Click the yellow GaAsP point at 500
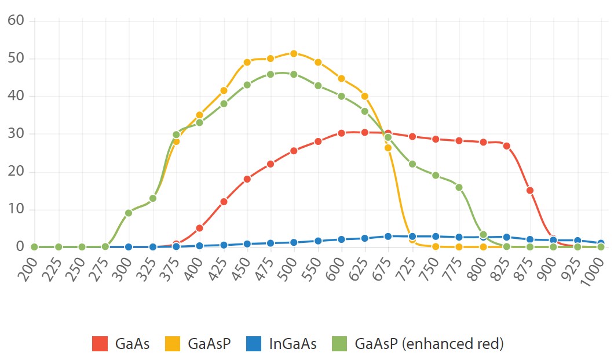click(294, 53)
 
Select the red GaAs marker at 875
click(530, 190)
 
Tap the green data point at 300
click(129, 213)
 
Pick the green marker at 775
click(459, 187)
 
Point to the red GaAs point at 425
click(224, 202)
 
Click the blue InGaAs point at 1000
click(601, 243)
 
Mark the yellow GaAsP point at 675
click(388, 148)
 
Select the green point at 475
click(271, 74)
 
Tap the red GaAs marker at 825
click(506, 146)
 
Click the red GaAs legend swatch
click(100, 344)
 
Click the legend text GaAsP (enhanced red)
click(429, 344)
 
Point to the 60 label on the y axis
click(16, 21)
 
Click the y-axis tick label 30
click(16, 134)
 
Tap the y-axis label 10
click(16, 209)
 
